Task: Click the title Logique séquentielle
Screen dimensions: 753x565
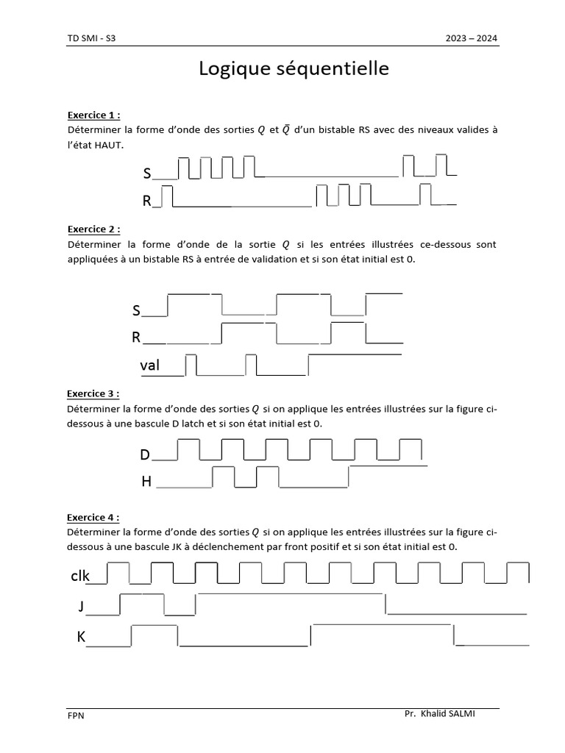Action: (293, 69)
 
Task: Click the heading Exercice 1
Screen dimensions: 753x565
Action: (93, 115)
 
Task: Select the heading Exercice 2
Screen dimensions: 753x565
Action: (93, 229)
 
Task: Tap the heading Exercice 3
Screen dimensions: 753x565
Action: (93, 393)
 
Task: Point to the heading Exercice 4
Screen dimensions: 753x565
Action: (93, 517)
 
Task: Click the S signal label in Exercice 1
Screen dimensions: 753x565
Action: (147, 174)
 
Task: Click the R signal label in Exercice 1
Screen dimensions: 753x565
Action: (147, 201)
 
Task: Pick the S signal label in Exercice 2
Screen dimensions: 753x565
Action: (136, 311)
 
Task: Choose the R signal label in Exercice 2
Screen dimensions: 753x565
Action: (136, 338)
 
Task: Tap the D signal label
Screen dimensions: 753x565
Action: (145, 455)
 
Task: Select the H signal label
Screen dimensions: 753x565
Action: (146, 482)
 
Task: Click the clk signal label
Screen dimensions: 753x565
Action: (79, 576)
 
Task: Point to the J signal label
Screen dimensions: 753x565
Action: (81, 607)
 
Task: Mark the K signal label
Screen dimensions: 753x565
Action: (81, 638)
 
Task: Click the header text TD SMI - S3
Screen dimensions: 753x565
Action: (91, 39)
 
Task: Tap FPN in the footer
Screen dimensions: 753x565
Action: (76, 715)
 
